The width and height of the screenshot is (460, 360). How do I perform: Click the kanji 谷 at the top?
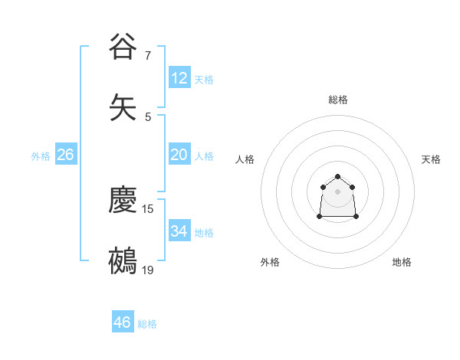[123, 47]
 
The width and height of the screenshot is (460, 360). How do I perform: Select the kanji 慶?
[123, 200]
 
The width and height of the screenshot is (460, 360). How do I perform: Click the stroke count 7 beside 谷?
[148, 56]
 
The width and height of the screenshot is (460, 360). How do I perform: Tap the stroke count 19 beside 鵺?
[148, 270]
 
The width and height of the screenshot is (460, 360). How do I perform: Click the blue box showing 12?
[179, 78]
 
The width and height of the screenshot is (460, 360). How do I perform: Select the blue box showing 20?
[179, 155]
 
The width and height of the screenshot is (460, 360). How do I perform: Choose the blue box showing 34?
[179, 231]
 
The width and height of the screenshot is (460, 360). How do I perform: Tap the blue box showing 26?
[65, 155]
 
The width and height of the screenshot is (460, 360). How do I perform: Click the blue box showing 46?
[123, 322]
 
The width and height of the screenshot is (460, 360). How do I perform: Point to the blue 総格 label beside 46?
[148, 324]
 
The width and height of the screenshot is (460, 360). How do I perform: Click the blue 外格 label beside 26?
[41, 156]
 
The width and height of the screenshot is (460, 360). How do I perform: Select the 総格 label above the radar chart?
[338, 100]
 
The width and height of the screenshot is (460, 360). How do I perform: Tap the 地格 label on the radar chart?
[402, 262]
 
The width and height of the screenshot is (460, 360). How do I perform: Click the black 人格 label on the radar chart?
[245, 159]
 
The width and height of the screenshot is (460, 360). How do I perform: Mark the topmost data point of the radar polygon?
[337, 177]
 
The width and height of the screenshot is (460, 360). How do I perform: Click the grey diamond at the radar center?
[337, 191]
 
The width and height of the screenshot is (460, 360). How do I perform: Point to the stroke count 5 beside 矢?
[148, 117]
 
